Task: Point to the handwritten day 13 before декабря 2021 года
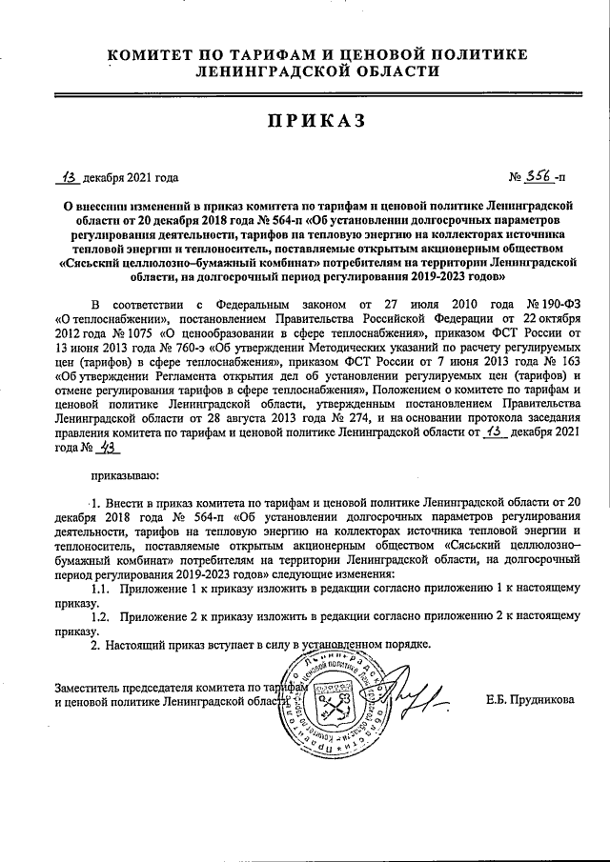[69, 177]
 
